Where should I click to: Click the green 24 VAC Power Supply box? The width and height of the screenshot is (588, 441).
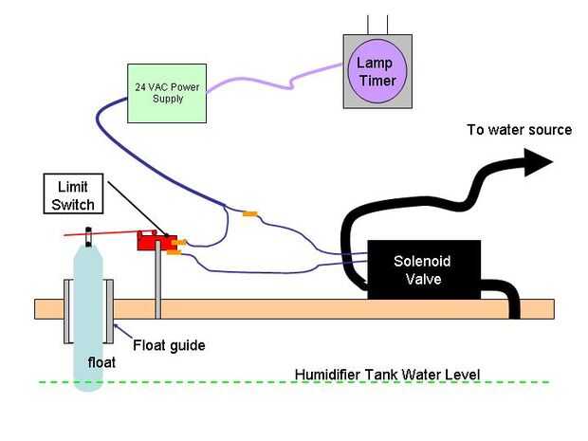[x=166, y=93]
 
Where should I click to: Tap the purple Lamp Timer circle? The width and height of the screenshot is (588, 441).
[x=377, y=72]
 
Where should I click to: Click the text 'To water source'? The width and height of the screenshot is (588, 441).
[x=519, y=129]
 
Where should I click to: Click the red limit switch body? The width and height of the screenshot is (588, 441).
[x=152, y=242]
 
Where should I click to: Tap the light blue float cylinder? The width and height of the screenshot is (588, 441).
[x=87, y=313]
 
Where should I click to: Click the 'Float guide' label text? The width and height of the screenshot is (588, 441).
[x=169, y=344]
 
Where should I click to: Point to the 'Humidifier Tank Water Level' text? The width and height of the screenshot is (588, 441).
[x=388, y=374]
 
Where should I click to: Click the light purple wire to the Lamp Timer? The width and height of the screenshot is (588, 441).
[x=275, y=76]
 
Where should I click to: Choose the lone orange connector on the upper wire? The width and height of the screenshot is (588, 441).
[x=249, y=214]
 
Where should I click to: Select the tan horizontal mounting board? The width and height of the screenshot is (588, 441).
[x=285, y=308]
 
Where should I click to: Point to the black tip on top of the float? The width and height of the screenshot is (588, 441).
[x=88, y=231]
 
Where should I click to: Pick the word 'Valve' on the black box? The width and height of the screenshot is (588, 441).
[x=423, y=279]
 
